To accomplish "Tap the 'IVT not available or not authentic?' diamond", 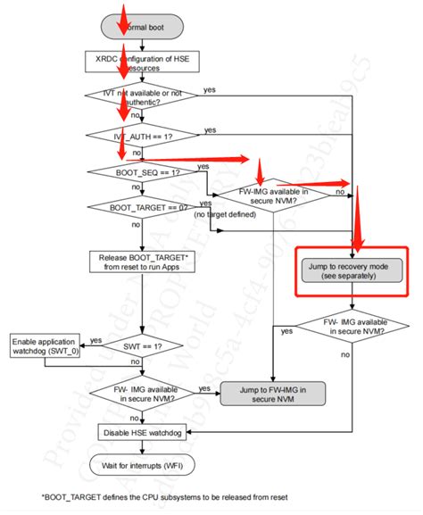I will [135, 97].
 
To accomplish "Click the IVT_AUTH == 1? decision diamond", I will [135, 136].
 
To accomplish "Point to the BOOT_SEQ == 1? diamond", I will [135, 171].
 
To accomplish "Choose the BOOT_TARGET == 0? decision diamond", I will [135, 207].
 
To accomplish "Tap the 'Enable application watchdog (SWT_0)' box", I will [44, 345].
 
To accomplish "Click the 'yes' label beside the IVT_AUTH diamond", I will [211, 129].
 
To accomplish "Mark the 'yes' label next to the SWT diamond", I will [95, 339].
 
